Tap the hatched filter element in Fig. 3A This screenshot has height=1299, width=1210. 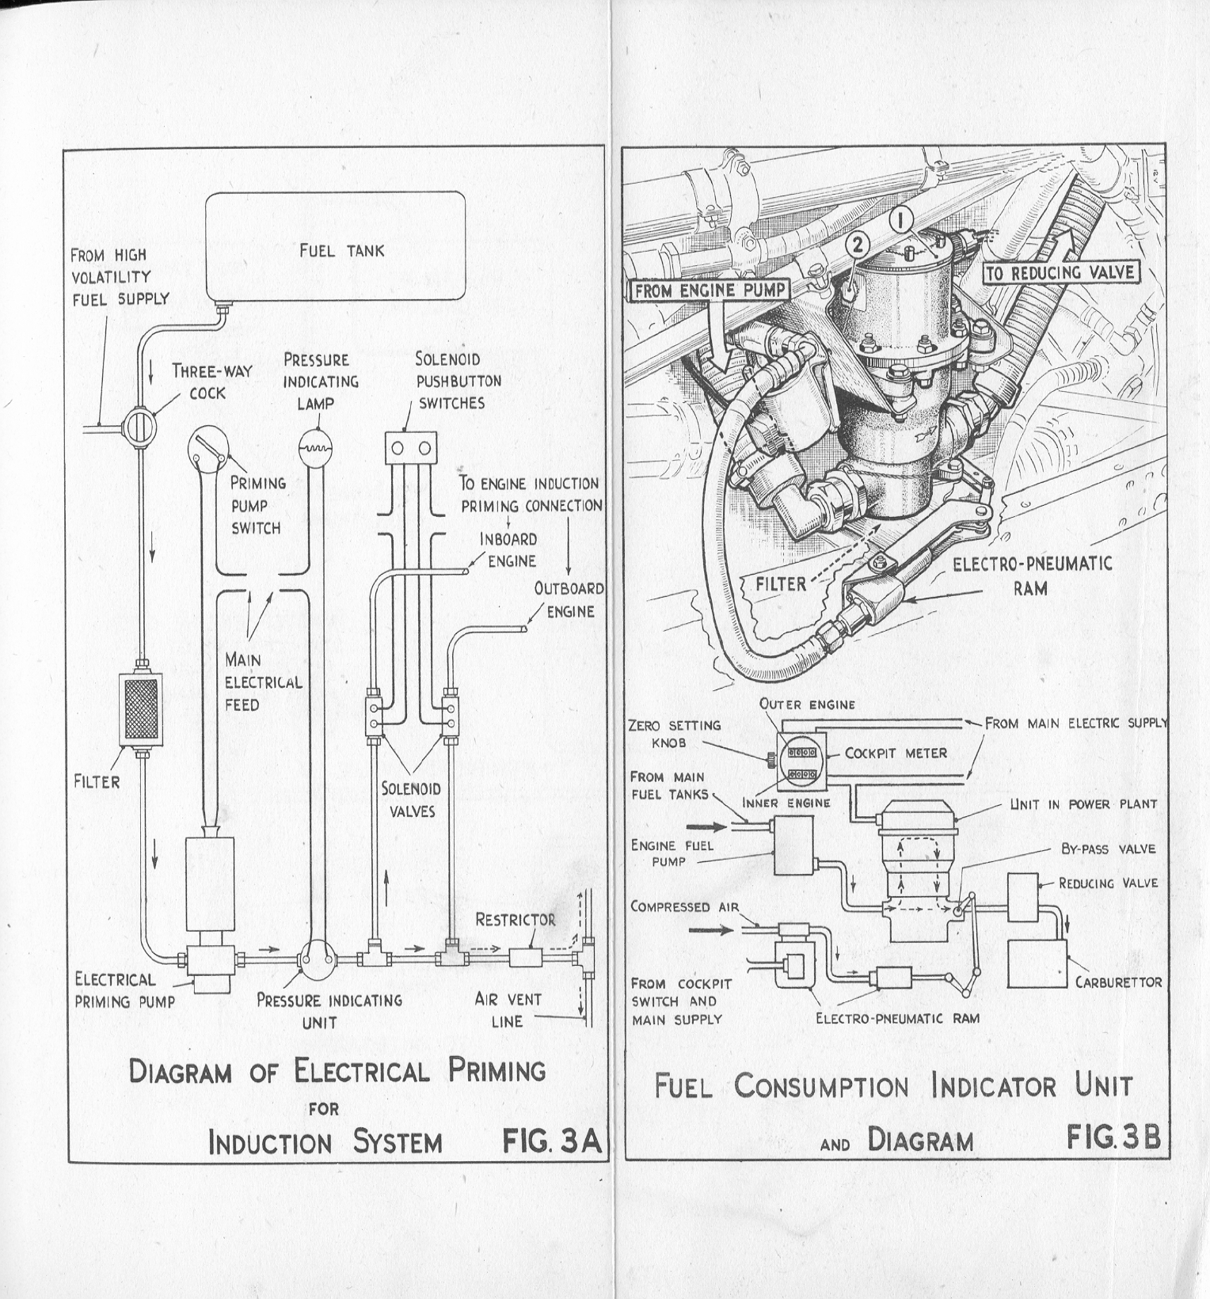[x=139, y=709]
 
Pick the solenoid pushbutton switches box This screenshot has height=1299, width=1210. [x=411, y=448]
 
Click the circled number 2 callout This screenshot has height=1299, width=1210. [x=858, y=245]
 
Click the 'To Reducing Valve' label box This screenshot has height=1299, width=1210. [x=1060, y=273]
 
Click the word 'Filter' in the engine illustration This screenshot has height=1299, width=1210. [x=781, y=584]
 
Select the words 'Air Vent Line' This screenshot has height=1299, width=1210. [x=508, y=1010]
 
